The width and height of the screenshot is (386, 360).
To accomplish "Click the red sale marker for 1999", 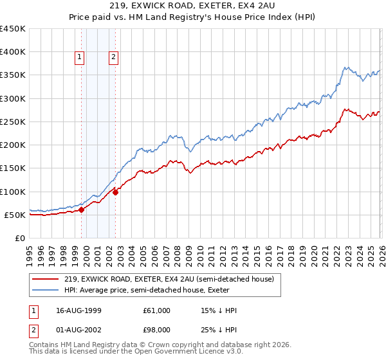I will (82, 210).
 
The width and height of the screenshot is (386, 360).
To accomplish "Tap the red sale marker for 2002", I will (115, 192).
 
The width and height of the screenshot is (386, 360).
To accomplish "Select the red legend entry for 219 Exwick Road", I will (169, 279).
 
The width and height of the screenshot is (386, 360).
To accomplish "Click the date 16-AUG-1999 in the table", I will (78, 310).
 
